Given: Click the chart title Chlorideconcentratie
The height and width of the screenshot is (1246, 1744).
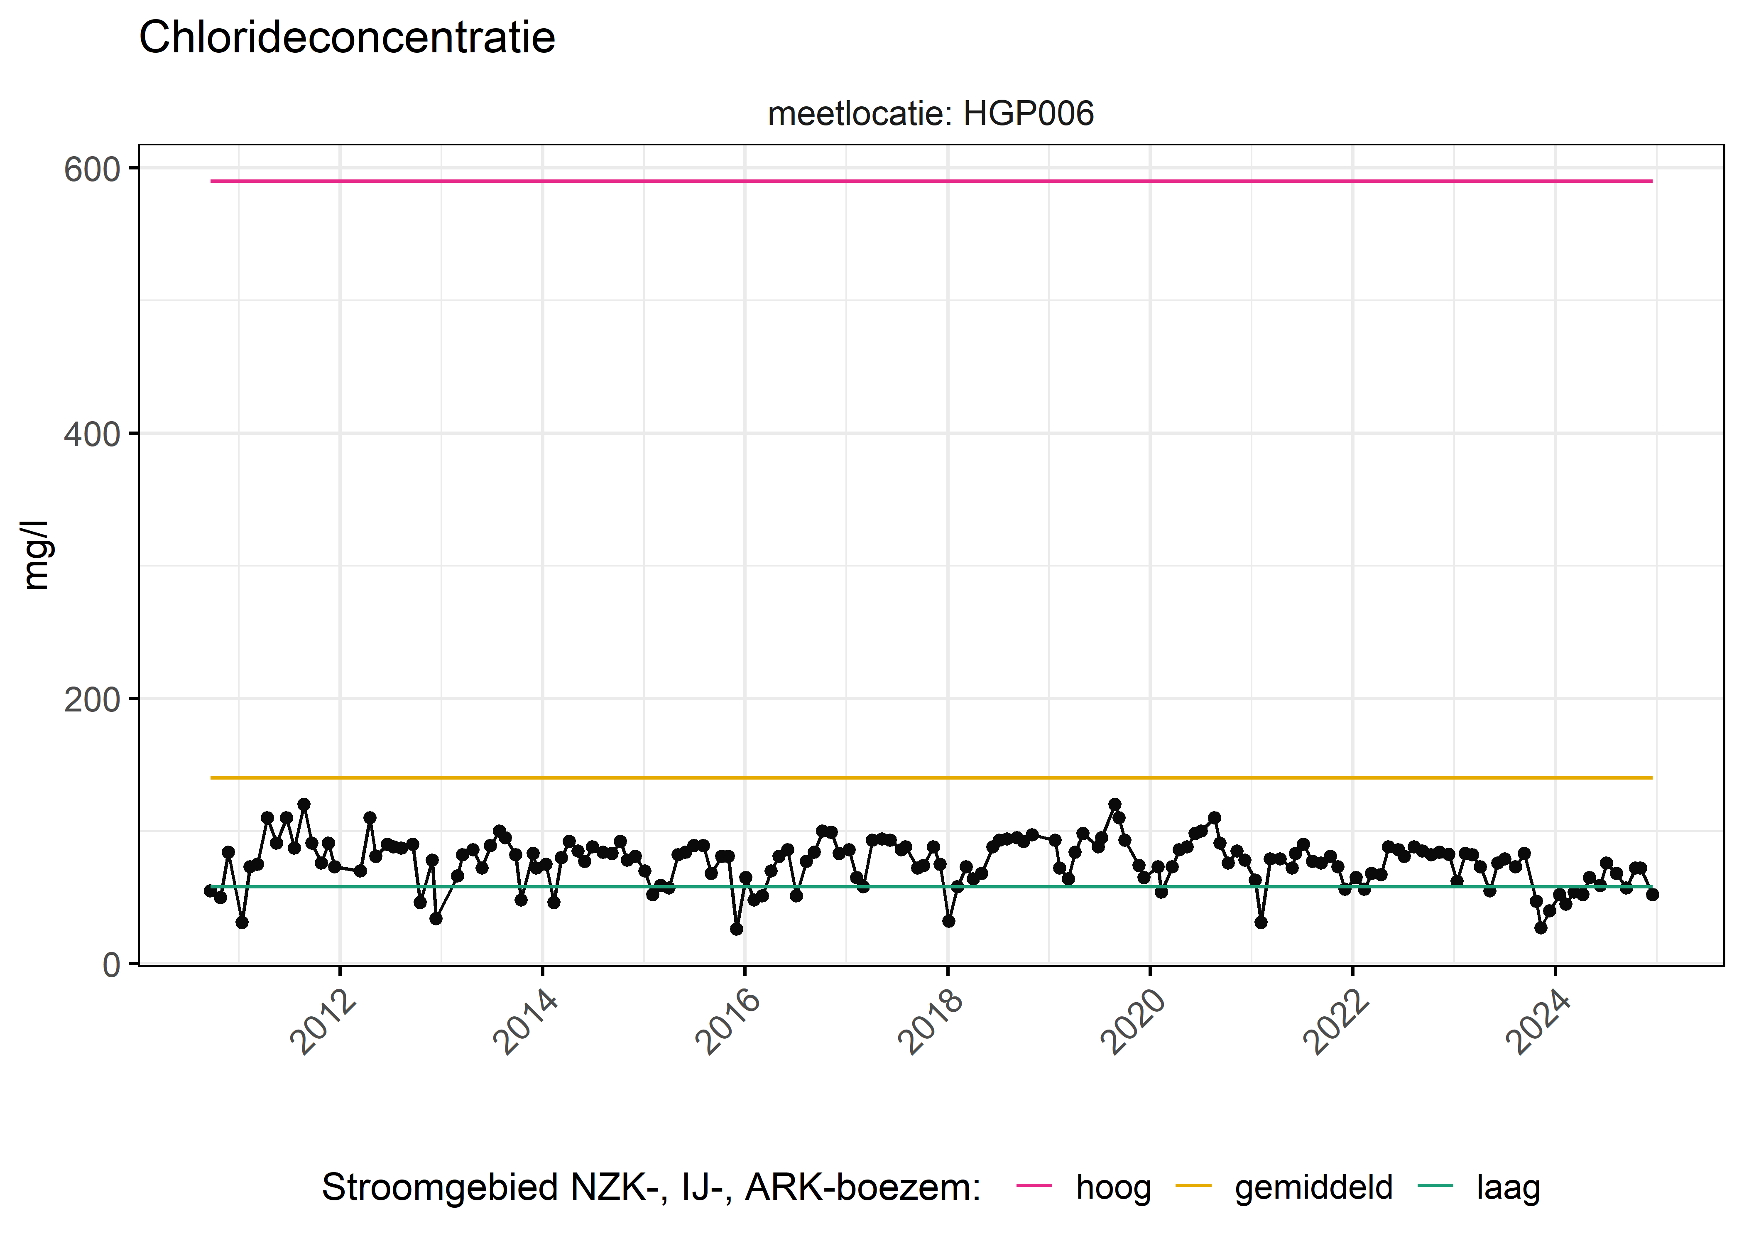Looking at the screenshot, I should point(347,38).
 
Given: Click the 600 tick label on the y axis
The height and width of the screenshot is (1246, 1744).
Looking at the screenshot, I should point(92,169).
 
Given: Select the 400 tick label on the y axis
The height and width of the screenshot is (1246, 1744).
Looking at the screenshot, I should point(92,435).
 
